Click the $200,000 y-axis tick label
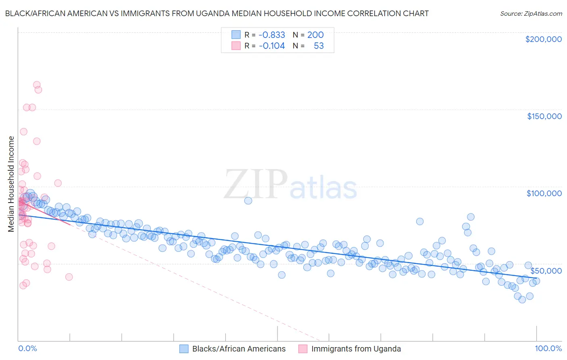coord(543,39)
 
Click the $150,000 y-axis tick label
coord(544,116)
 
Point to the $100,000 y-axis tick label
coord(544,193)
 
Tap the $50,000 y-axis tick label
coord(546,270)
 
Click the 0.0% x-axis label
coord(27,348)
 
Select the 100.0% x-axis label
coord(548,348)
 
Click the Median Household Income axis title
coord(11,184)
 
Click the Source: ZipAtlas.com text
coord(531,13)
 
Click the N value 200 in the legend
coord(315,35)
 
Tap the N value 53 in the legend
coord(319,46)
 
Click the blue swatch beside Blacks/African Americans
coord(184,349)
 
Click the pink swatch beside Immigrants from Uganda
coord(303,349)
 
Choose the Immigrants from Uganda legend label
coord(356,349)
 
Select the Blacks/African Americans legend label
coord(239,349)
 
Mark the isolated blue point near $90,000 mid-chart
coord(248,201)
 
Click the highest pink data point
coord(37,85)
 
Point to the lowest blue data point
coord(522,299)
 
